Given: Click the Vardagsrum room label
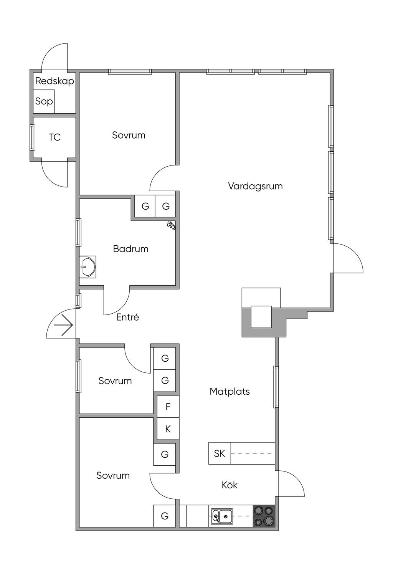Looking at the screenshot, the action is (255, 186).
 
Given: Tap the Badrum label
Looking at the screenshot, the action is (130, 249).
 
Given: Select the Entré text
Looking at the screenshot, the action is (127, 317).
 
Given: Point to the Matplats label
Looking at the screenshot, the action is (230, 391).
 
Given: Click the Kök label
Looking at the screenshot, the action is (230, 485).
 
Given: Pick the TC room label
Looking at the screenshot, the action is (54, 137).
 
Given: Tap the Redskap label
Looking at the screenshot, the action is (54, 81).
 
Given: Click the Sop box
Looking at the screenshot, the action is (44, 101).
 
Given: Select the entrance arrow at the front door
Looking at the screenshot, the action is (63, 325).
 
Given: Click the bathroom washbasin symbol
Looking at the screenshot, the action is (88, 266).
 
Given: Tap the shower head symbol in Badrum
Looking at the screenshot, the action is (171, 225).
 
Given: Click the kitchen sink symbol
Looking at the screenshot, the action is (221, 516).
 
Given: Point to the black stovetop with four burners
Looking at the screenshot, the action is (264, 516).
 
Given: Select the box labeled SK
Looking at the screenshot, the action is (220, 453).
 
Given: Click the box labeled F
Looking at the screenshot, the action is (168, 407).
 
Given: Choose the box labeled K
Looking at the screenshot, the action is (168, 429).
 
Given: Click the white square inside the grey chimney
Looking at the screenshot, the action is (261, 317).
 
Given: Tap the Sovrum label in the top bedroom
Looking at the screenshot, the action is (129, 135).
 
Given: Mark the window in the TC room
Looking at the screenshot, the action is (32, 137).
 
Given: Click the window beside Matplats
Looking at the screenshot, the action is (276, 387).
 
